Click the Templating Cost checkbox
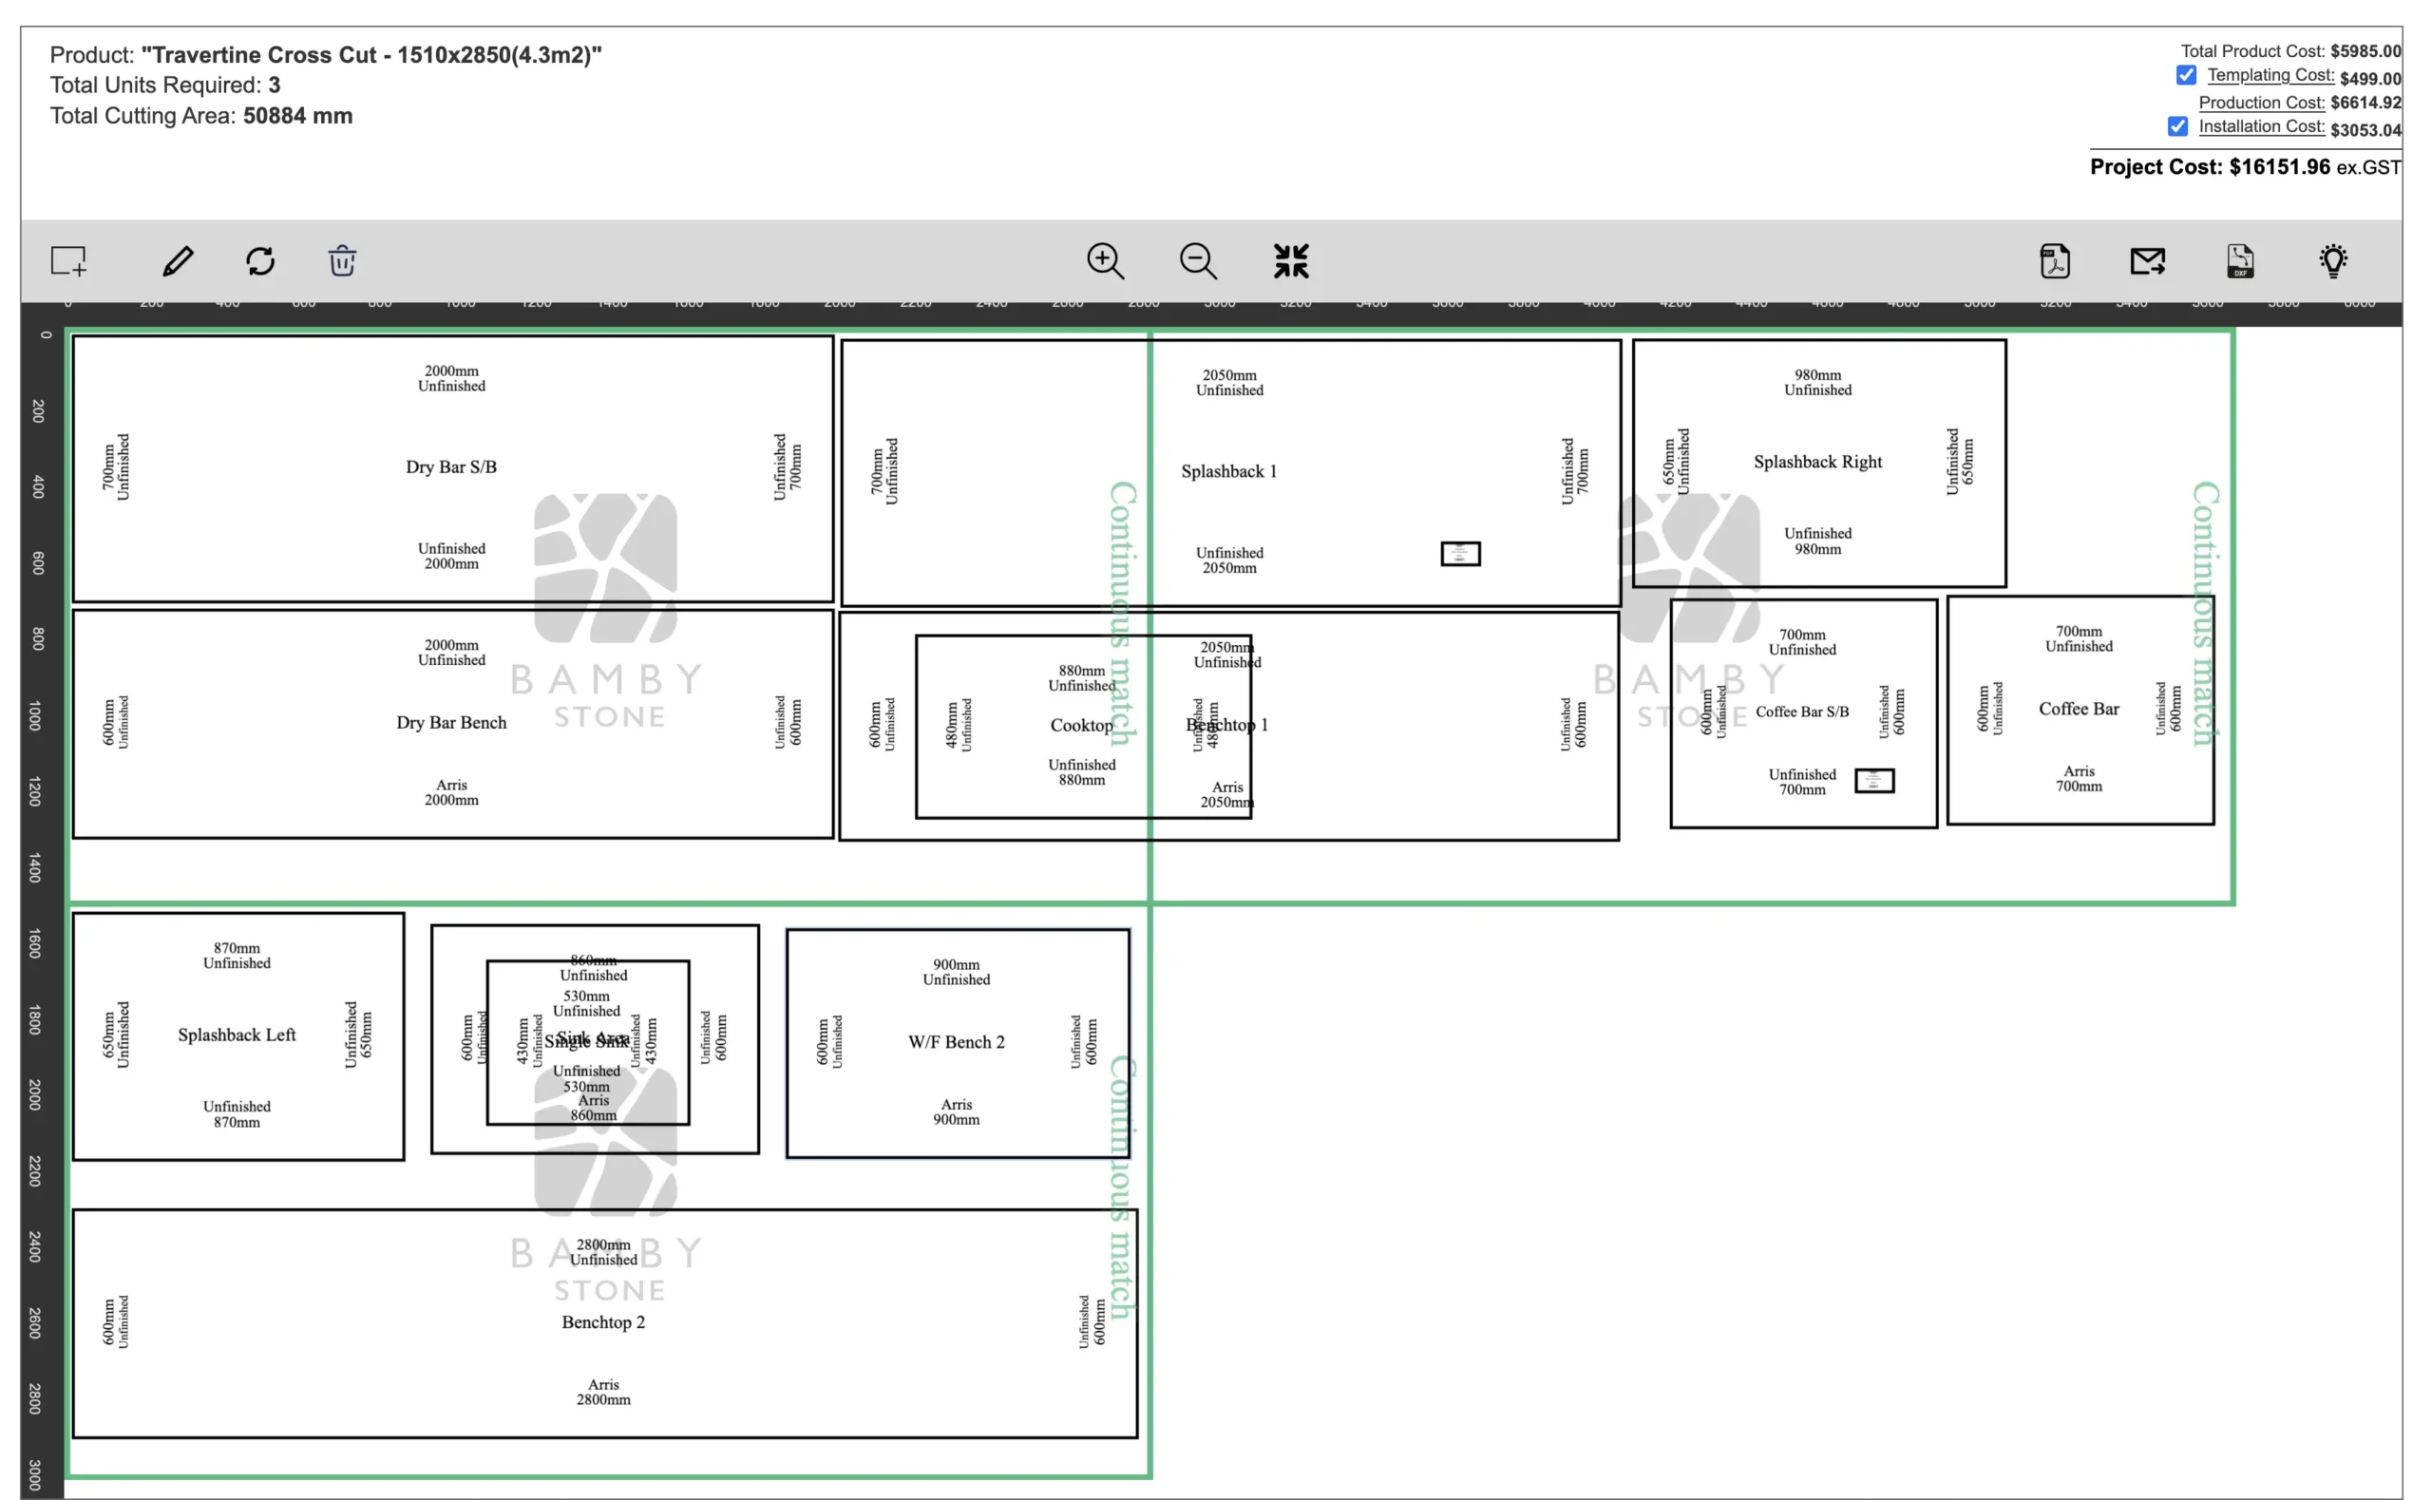[2185, 75]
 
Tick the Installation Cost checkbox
[2177, 127]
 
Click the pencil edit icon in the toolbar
[178, 261]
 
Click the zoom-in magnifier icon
[1105, 261]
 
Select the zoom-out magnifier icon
[1197, 261]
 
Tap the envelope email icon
[2147, 261]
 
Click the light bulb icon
[2333, 261]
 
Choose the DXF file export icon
[2239, 261]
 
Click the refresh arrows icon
[261, 261]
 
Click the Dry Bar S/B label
[451, 467]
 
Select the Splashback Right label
[1817, 463]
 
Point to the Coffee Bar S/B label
[1801, 712]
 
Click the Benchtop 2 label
[603, 1322]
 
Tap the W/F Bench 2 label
[956, 1043]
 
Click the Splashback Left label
[237, 1035]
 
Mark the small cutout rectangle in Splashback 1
[1460, 554]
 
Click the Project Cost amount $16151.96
[2279, 167]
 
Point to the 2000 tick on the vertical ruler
[36, 1095]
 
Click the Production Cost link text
[2260, 104]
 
